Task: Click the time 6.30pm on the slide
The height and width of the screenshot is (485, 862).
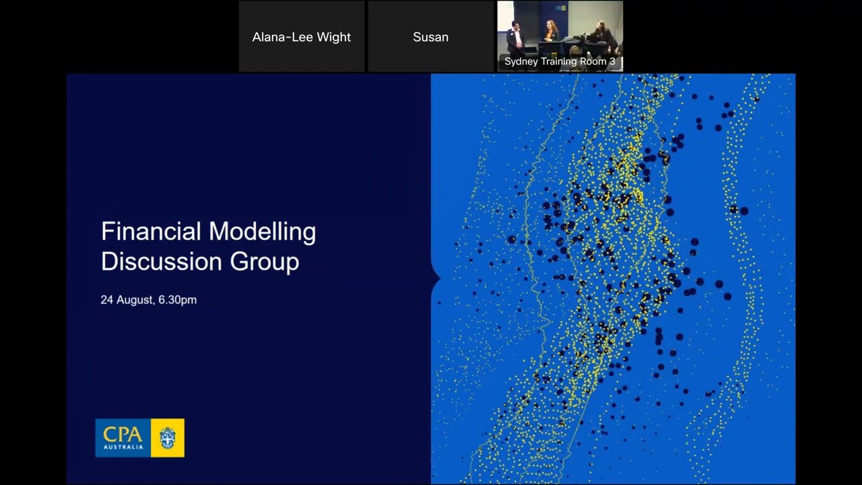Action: point(178,300)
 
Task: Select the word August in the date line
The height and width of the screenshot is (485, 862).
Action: point(136,300)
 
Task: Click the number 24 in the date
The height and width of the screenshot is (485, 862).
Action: point(107,300)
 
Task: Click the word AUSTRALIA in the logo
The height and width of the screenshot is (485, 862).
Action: point(123,447)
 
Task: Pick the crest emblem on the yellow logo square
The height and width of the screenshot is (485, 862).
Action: point(167,438)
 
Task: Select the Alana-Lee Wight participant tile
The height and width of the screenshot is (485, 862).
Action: point(301,37)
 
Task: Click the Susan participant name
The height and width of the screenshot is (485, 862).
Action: point(430,37)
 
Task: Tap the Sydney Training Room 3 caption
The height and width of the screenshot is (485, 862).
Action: point(560,61)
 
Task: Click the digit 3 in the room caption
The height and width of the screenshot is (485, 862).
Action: point(612,61)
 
